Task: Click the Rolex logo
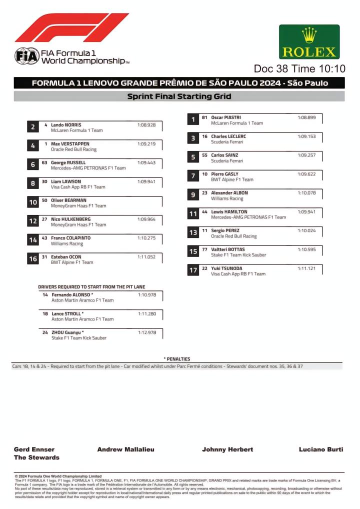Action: coord(309,42)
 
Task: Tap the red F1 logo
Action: coord(71,27)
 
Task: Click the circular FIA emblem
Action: coord(26,56)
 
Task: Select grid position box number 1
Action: coord(193,119)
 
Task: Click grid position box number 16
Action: coord(33,259)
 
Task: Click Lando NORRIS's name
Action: coord(66,125)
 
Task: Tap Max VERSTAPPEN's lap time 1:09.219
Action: coord(146,144)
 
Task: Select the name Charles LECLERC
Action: coord(228,136)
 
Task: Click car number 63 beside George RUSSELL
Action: coord(44,163)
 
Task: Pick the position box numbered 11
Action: coord(193,214)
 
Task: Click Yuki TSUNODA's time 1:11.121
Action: coord(306,268)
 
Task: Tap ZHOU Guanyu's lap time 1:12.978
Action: coord(147,332)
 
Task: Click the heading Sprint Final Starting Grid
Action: coord(179,96)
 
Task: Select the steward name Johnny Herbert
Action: coord(227,449)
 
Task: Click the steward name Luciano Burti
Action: coord(321,449)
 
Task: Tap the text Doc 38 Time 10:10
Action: coord(299,68)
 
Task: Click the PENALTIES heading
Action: coord(177,359)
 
